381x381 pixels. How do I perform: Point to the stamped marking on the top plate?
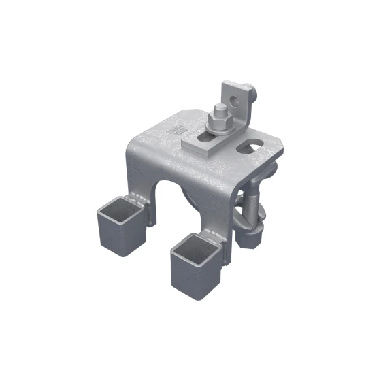pos(179,129)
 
